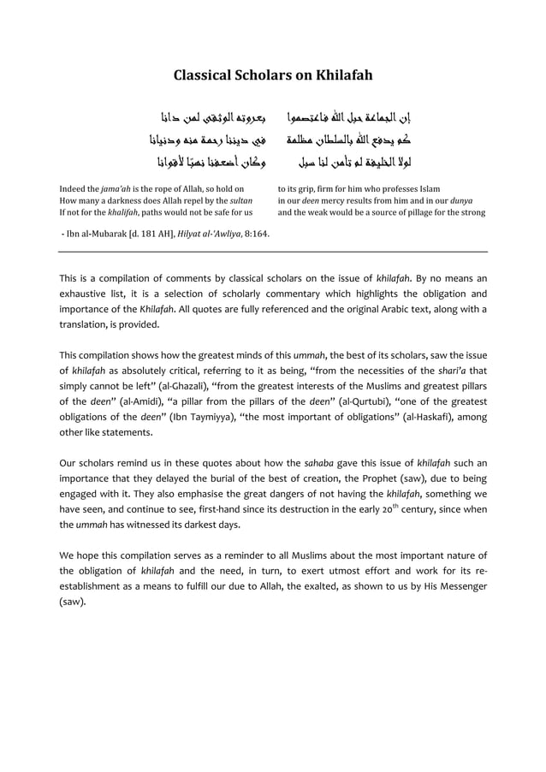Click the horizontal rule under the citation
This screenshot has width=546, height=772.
click(273, 252)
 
